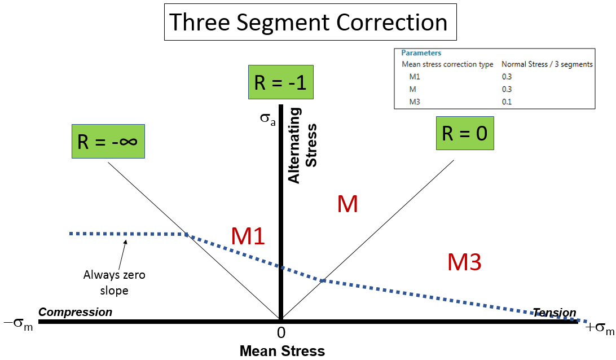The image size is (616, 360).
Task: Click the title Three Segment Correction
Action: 309,23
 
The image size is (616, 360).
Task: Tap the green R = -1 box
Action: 280,83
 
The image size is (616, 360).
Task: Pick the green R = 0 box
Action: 465,133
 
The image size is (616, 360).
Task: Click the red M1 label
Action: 248,236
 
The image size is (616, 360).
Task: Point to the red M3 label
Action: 464,262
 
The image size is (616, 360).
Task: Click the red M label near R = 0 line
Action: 347,204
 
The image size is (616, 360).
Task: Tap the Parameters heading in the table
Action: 421,53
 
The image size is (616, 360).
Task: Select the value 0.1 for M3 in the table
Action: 507,102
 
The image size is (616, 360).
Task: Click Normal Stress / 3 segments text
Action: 547,64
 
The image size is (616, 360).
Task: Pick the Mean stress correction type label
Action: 447,64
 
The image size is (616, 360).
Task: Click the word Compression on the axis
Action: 75,312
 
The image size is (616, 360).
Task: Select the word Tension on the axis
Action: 555,313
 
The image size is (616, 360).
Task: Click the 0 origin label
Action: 280,332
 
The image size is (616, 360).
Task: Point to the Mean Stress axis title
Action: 282,351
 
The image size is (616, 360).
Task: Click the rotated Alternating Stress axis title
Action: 303,145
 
